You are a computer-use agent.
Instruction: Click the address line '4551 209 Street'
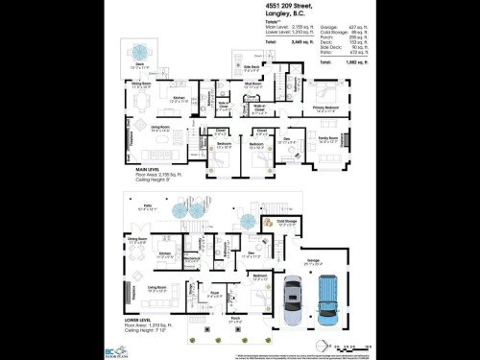(x=290, y=6)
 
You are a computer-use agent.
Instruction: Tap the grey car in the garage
(x=293, y=300)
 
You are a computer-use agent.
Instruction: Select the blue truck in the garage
(x=327, y=297)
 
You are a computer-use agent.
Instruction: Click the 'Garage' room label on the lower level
(x=313, y=259)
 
